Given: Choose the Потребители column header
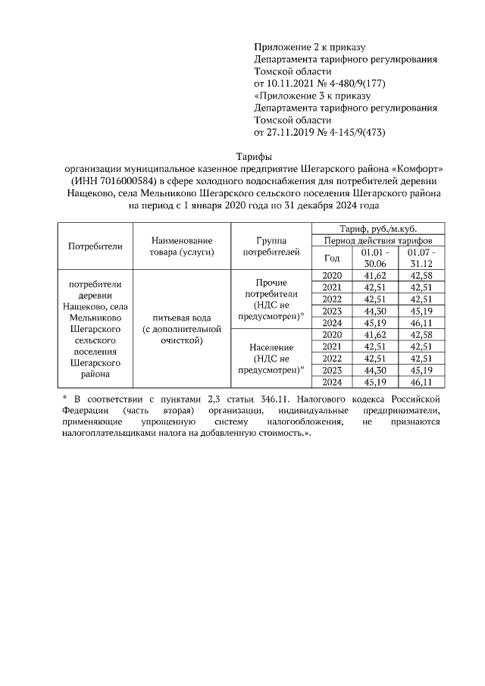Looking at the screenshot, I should point(95,246).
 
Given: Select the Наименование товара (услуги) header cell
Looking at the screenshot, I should point(181,246).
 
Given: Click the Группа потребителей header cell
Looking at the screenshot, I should point(270,246).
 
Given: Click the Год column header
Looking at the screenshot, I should point(333,257).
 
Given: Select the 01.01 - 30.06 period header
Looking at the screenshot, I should point(376,257).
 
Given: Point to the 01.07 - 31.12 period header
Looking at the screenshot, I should point(421,257).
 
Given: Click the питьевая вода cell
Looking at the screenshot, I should point(181,330).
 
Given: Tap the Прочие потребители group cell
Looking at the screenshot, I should point(270,299).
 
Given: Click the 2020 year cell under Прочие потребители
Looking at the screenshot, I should point(333,275).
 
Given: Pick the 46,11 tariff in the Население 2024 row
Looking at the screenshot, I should point(421,383).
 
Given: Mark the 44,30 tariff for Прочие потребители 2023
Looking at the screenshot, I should point(376,311).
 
